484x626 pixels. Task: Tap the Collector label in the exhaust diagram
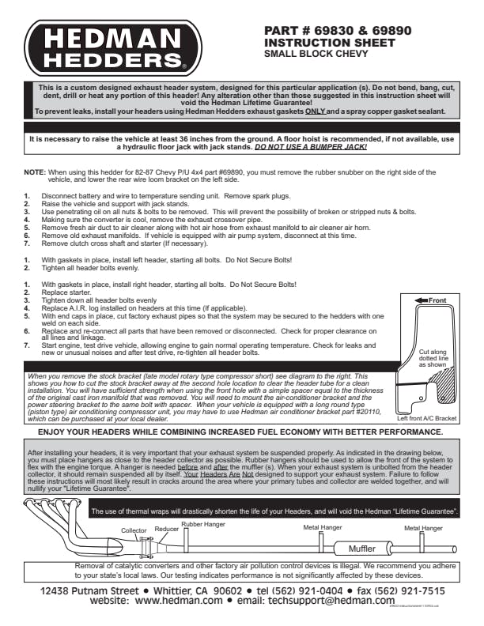[x=134, y=530]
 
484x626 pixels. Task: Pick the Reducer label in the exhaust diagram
[x=167, y=529]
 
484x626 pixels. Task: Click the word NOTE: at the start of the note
[x=35, y=172]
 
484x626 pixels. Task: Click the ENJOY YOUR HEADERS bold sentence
[x=240, y=433]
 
